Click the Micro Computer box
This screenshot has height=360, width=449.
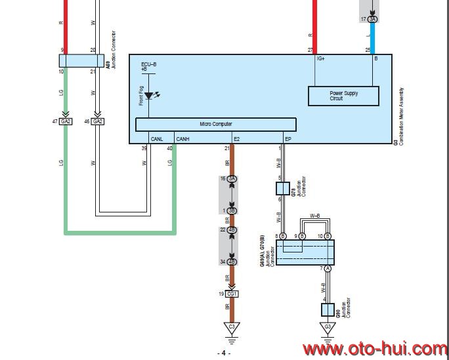[215, 124]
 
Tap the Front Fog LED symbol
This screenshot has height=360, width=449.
[149, 96]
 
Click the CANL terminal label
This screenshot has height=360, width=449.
[157, 139]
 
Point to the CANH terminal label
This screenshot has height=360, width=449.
[182, 139]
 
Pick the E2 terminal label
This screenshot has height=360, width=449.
[237, 139]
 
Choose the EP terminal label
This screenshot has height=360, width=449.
[288, 139]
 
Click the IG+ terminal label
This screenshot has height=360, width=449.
[320, 59]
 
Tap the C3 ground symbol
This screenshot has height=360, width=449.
[230, 327]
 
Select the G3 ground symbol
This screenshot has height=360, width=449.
[327, 327]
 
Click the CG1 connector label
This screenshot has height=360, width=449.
[232, 294]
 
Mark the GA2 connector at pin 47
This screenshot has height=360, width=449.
[66, 121]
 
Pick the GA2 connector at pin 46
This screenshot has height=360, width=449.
[98, 121]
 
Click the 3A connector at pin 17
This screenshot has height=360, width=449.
[373, 20]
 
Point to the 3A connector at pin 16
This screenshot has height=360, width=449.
[232, 178]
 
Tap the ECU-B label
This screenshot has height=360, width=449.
[148, 64]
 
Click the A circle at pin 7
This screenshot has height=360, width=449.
[328, 269]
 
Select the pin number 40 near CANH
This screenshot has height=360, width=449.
[169, 149]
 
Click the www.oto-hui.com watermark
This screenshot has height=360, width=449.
[375, 348]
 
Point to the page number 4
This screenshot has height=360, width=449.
[224, 353]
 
